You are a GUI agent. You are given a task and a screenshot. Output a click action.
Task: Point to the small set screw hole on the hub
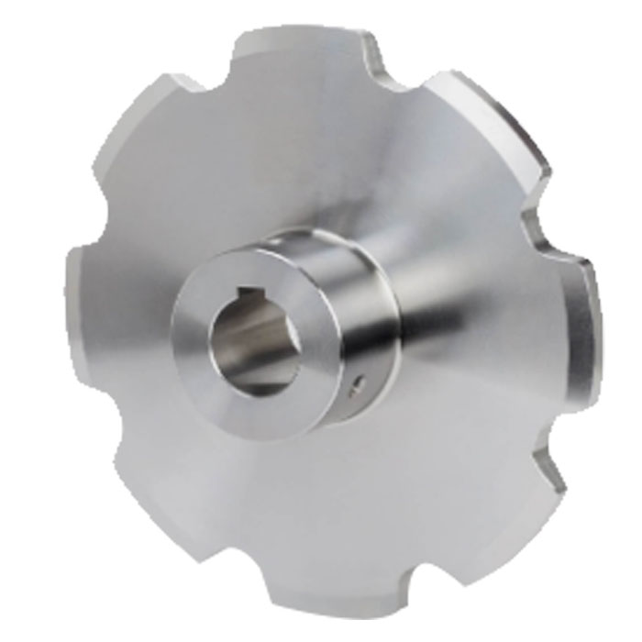360,378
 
